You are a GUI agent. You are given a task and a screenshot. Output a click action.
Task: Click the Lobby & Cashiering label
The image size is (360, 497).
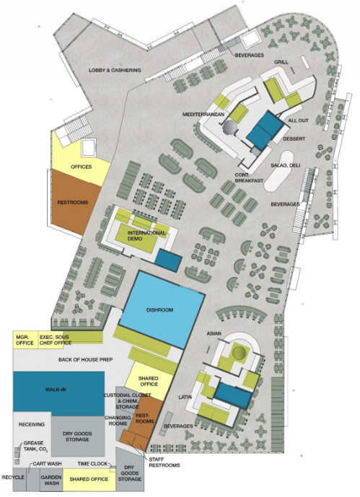coord(114,70)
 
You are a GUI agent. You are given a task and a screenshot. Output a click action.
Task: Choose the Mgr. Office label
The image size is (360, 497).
coord(25,340)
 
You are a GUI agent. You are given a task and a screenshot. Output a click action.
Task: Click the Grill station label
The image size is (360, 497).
coord(281,63)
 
